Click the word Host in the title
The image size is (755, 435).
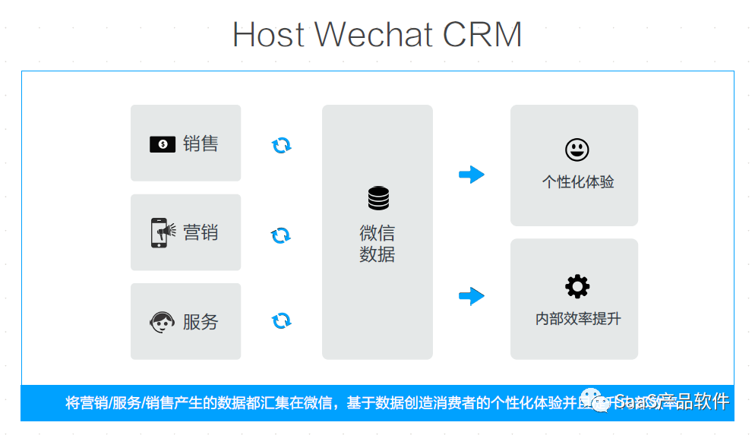tap(268, 35)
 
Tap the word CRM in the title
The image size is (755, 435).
tap(482, 35)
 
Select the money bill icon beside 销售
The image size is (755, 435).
tap(163, 143)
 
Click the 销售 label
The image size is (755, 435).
tap(201, 143)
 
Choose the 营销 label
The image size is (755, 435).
tap(201, 232)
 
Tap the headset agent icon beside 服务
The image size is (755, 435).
tap(163, 322)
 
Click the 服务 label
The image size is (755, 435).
tap(201, 322)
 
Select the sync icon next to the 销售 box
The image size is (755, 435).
tap(281, 145)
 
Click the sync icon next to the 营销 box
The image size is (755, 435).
tap(281, 235)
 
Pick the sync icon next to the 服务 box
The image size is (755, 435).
tap(281, 321)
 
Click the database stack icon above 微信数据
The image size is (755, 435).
tap(377, 198)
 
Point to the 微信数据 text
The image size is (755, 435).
tap(377, 243)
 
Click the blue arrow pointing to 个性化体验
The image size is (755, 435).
tap(471, 175)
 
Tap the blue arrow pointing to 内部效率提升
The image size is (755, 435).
tap(471, 295)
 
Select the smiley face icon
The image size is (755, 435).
tap(577, 149)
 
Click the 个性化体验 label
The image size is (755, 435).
tap(577, 182)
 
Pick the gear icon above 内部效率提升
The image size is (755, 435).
tap(577, 286)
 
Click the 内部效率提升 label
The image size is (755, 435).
tap(577, 319)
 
